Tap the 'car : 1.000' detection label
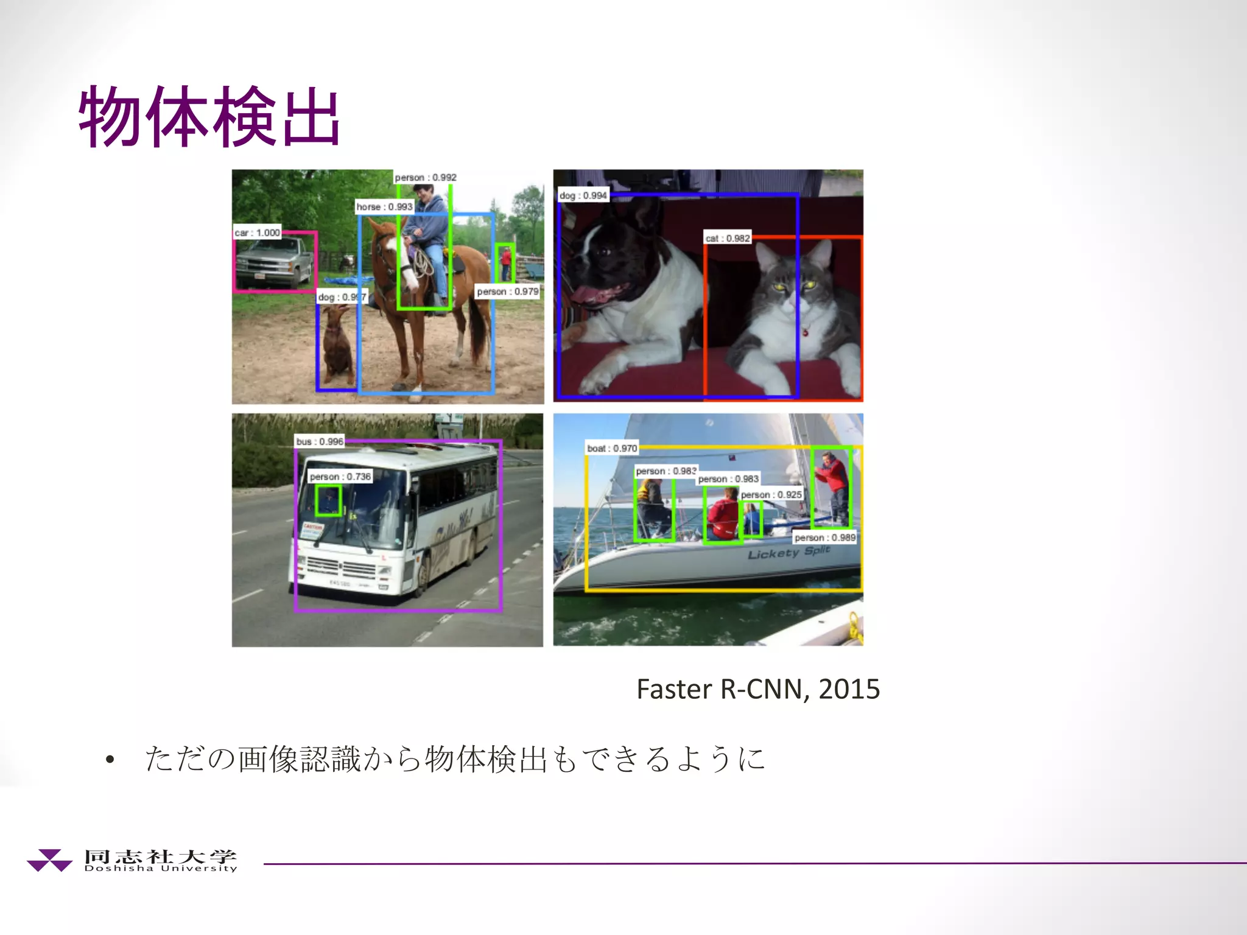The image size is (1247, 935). pos(258,233)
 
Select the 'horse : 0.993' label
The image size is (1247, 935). pos(384,207)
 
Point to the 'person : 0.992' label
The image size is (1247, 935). pos(426,177)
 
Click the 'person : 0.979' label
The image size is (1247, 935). pos(507,292)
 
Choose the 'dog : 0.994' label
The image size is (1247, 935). pos(583,195)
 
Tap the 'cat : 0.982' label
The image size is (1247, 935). pos(728,238)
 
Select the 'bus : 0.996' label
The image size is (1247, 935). pos(320,441)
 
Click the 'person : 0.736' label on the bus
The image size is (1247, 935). pos(340,477)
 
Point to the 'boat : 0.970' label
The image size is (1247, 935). pos(612,448)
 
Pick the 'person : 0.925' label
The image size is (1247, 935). pos(771,495)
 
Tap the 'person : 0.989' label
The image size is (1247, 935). pos(825,538)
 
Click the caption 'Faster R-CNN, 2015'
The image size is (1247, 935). pos(758,689)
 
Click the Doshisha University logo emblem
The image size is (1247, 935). pos(50,860)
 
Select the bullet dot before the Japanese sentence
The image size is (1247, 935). pos(110,759)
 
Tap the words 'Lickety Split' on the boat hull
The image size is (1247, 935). pos(789,552)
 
